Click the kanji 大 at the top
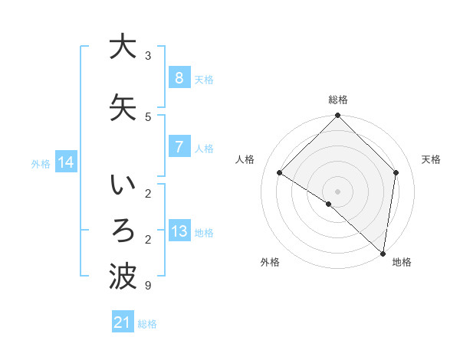click(x=123, y=47)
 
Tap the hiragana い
click(x=123, y=186)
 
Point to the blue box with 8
click(x=179, y=78)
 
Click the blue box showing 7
click(x=179, y=147)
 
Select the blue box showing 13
click(x=179, y=231)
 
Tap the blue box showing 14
click(x=66, y=162)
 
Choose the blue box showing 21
click(x=123, y=323)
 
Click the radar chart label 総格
click(x=338, y=100)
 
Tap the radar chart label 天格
click(x=432, y=159)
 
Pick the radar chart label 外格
click(x=270, y=263)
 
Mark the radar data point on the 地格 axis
click(x=383, y=253)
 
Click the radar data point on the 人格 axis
click(x=280, y=173)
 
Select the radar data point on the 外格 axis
click(x=328, y=205)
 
